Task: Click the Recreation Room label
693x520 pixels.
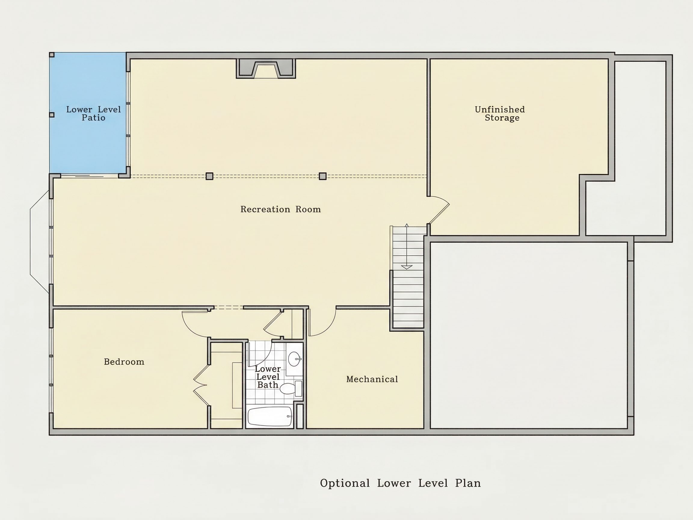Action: pyautogui.click(x=280, y=209)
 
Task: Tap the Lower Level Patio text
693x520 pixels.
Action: pyautogui.click(x=93, y=113)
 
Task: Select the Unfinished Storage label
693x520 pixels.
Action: pyautogui.click(x=500, y=113)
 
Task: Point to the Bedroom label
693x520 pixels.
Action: pyautogui.click(x=124, y=362)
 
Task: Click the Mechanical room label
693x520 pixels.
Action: pyautogui.click(x=372, y=379)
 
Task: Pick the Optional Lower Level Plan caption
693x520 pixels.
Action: pyautogui.click(x=400, y=483)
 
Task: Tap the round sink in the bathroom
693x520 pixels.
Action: pyautogui.click(x=294, y=359)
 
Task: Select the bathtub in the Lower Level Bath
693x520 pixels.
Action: pyautogui.click(x=270, y=416)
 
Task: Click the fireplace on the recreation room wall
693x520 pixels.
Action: pyautogui.click(x=266, y=69)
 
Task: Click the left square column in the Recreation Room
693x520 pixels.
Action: pyautogui.click(x=210, y=176)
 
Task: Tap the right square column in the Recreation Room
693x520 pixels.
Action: pyautogui.click(x=323, y=176)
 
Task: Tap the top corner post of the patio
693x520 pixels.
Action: pyautogui.click(x=52, y=55)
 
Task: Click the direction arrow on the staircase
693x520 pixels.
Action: pyautogui.click(x=407, y=246)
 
